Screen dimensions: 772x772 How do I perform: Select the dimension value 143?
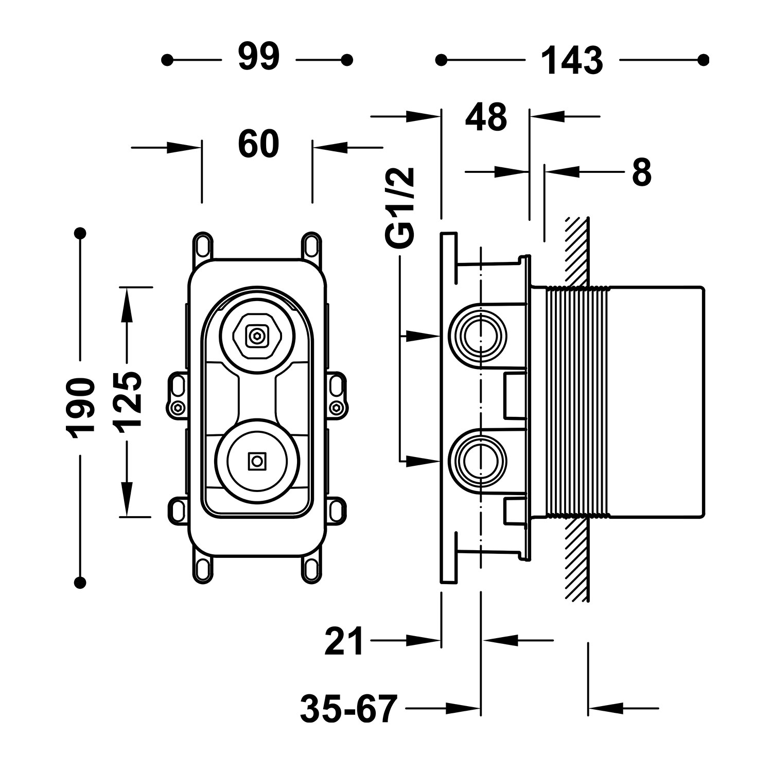[572, 61]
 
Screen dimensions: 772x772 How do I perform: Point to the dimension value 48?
[486, 117]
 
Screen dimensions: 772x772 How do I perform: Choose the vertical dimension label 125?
[127, 401]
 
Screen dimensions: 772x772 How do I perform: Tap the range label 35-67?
[349, 709]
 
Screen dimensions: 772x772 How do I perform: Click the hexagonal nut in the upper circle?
[256, 337]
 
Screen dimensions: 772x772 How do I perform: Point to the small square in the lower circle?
[256, 461]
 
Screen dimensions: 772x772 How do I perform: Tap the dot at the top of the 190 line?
[80, 233]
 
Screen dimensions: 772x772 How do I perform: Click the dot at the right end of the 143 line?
[703, 60]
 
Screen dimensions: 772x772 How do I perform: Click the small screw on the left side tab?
[178, 408]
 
